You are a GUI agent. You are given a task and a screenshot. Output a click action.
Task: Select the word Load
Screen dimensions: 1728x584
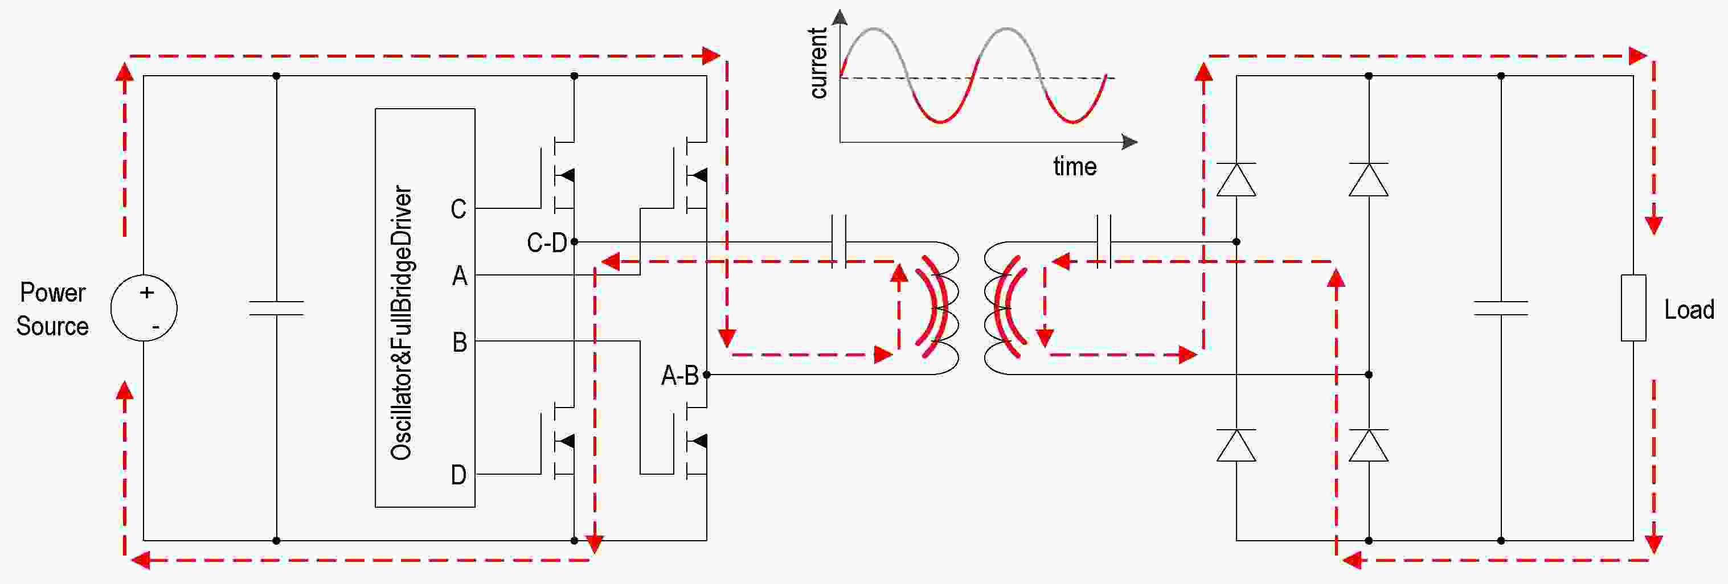pos(1689,310)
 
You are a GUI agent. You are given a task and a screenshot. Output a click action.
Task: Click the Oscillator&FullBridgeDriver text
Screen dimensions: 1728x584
pos(401,323)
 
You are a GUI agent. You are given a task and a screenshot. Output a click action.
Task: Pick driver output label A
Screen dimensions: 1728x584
pos(460,275)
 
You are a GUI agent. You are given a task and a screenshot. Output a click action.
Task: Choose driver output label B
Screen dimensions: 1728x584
pos(460,342)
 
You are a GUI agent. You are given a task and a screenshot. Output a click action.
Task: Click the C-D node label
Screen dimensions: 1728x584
pos(547,242)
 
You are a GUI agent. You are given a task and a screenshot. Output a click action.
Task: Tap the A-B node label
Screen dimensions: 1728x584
pos(679,376)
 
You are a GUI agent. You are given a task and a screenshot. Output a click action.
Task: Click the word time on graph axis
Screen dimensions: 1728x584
pos(1075,166)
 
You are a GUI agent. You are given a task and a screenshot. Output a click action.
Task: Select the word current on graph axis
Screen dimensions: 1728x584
pos(819,64)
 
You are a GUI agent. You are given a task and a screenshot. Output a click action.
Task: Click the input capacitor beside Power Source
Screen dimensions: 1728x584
pos(276,309)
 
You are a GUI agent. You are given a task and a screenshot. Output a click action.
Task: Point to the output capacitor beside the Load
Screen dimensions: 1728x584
pos(1501,309)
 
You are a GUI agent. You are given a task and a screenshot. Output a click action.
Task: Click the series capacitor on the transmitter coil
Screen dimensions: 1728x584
pos(838,241)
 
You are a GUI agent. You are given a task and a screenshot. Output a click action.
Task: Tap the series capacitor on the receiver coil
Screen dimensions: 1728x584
pos(1103,241)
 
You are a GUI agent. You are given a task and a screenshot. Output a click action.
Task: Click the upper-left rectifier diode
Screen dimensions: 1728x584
pos(1236,179)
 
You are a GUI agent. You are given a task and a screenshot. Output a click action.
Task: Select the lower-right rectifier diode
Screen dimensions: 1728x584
pos(1369,445)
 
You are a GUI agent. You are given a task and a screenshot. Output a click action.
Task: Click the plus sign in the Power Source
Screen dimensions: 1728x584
pos(147,293)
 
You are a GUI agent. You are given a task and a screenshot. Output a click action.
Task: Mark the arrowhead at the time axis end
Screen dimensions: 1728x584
pos(1129,142)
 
